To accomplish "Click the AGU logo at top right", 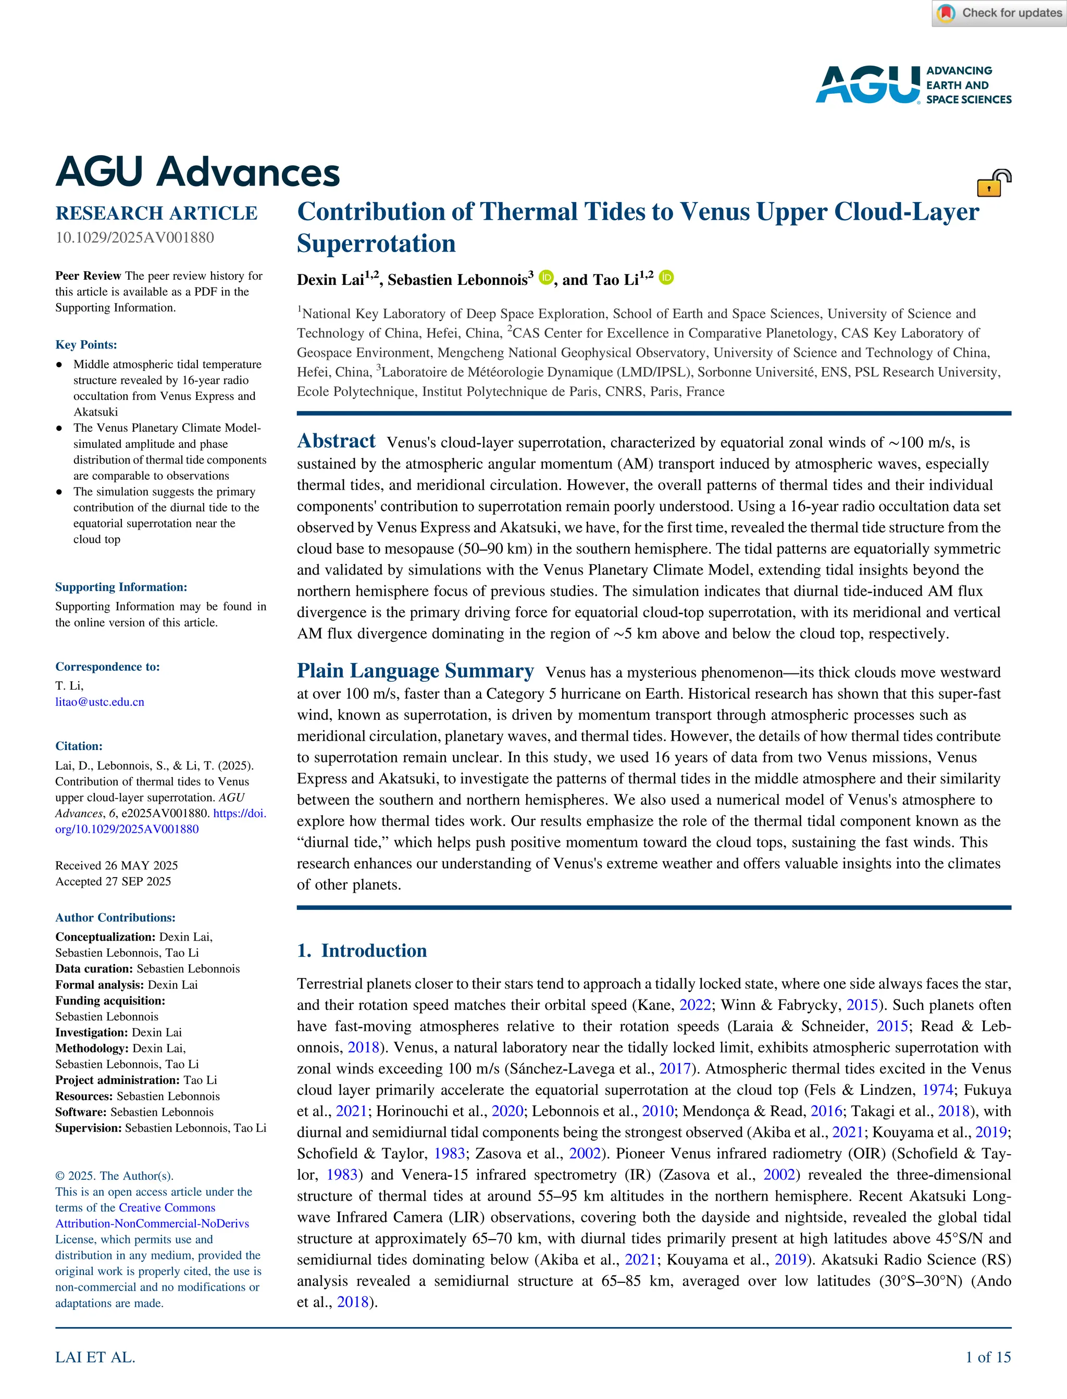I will pos(913,84).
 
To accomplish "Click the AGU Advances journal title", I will pos(197,172).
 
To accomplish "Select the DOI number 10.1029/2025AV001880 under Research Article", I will pos(134,238).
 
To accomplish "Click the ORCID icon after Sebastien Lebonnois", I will pos(545,278).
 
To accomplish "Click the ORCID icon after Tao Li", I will pos(666,278).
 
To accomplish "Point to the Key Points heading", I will pos(86,345).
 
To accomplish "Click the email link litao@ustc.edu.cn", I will pos(100,702).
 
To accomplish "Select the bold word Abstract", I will pos(336,441).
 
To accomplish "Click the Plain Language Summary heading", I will pos(415,671).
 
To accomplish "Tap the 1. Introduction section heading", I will pos(362,950).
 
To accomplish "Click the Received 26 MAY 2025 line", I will pos(116,865).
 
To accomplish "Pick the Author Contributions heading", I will pos(115,917).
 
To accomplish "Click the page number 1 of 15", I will pos(988,1357).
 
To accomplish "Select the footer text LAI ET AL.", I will pos(95,1357).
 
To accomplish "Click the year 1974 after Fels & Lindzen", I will pos(937,1090).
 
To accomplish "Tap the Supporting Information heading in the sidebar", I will pos(121,587).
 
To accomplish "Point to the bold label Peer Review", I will pos(88,276).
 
